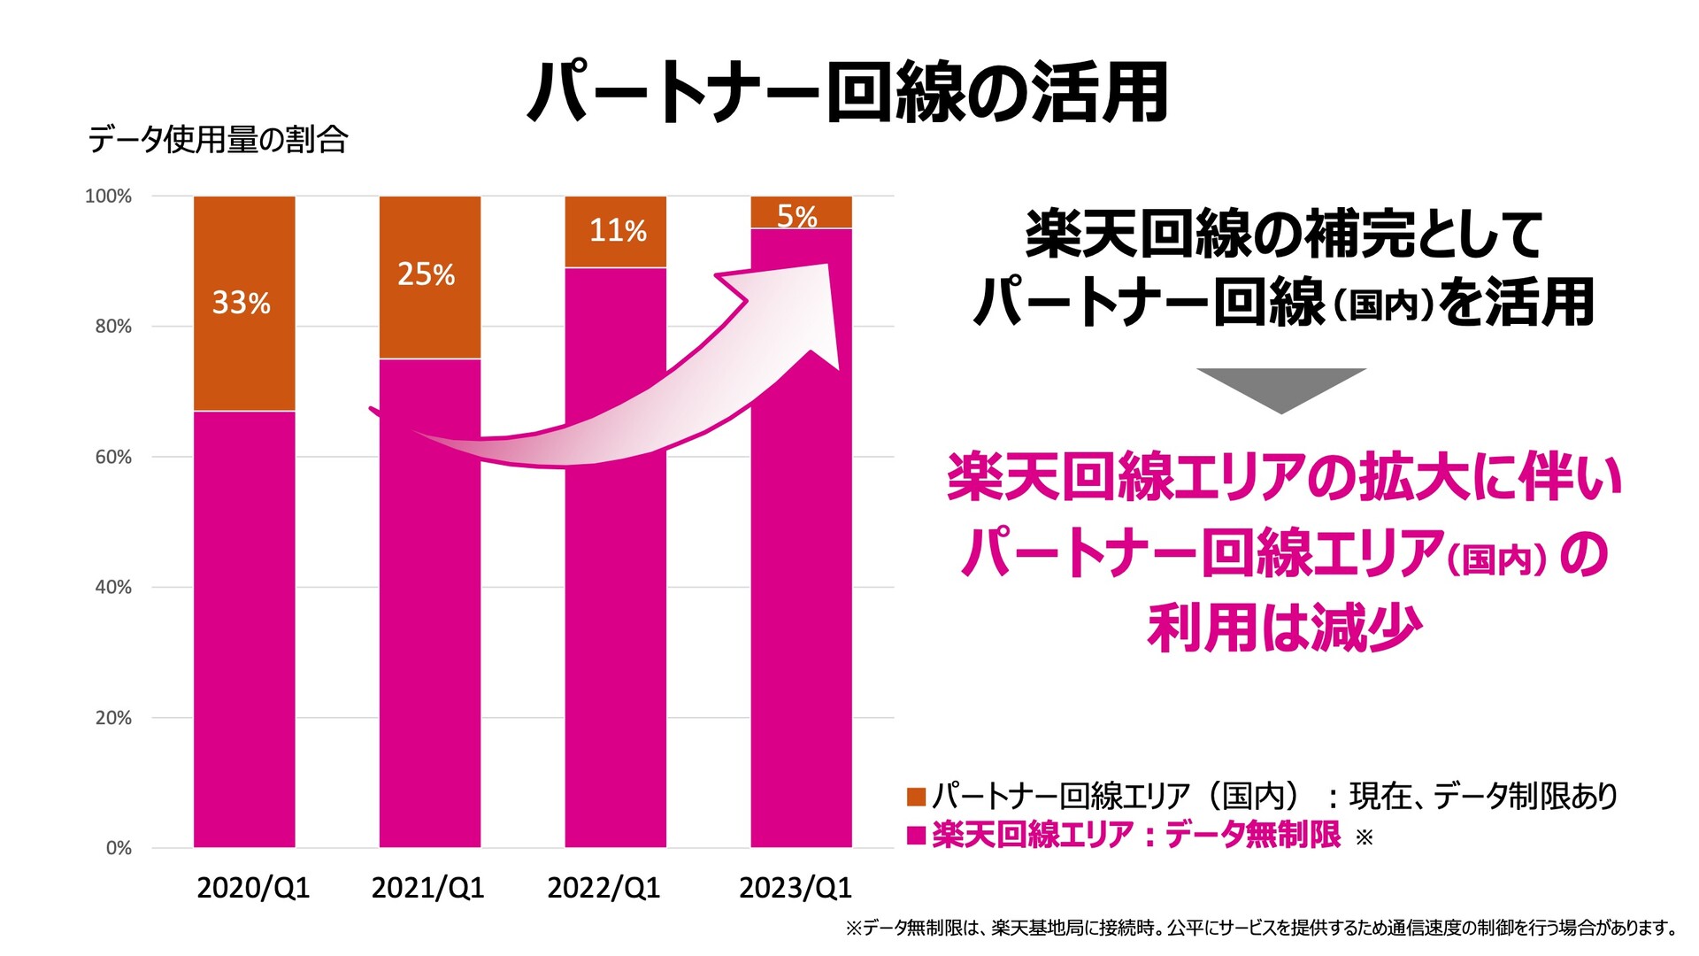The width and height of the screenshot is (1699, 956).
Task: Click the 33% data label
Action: [x=241, y=303]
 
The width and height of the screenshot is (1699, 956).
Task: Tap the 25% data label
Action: [x=426, y=274]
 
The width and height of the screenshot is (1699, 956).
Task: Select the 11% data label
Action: [x=618, y=231]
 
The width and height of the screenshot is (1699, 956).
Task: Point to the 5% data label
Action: [x=796, y=215]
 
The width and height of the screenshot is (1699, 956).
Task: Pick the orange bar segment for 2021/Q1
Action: [x=430, y=319]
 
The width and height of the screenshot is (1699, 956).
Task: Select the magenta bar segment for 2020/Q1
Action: [x=244, y=628]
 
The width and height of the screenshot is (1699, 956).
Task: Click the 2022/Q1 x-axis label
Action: [x=603, y=888]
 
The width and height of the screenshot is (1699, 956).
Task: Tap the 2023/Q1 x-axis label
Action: [x=795, y=888]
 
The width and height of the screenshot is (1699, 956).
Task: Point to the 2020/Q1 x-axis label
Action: [x=253, y=888]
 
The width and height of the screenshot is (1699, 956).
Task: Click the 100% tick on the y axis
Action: [x=108, y=197]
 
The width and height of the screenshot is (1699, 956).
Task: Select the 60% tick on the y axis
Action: [x=113, y=458]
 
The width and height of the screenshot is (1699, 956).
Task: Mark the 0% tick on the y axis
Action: [x=119, y=848]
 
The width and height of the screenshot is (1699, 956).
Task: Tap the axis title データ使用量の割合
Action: [x=218, y=140]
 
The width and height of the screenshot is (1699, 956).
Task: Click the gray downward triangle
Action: [x=1280, y=388]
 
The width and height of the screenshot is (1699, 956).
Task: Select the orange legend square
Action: [x=916, y=797]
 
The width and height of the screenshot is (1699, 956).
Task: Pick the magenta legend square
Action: [x=916, y=836]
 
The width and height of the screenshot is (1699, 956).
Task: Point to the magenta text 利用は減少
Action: [x=1284, y=628]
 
